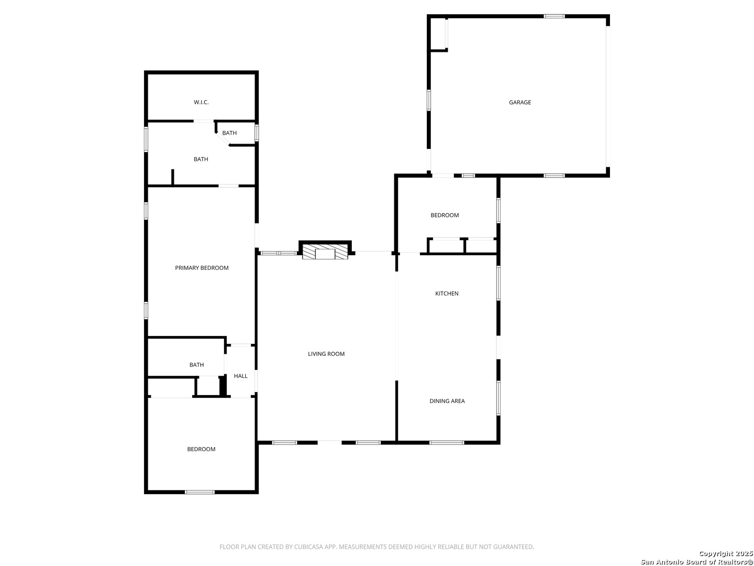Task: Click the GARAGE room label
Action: pyautogui.click(x=520, y=103)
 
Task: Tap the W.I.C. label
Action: pyautogui.click(x=201, y=102)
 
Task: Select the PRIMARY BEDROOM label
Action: pyautogui.click(x=202, y=268)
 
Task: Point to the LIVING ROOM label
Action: pyautogui.click(x=326, y=354)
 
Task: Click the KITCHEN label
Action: pyautogui.click(x=447, y=293)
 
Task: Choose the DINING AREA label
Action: pyautogui.click(x=447, y=401)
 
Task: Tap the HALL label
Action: pyautogui.click(x=240, y=376)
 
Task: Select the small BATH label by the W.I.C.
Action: pyautogui.click(x=229, y=133)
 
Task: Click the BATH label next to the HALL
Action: pyautogui.click(x=196, y=365)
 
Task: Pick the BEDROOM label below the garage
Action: pyautogui.click(x=445, y=215)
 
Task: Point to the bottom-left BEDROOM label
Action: pyautogui.click(x=201, y=449)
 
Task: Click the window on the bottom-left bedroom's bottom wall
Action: pyautogui.click(x=199, y=492)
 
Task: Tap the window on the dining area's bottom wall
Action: pyautogui.click(x=447, y=443)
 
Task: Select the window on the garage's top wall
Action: pyautogui.click(x=554, y=16)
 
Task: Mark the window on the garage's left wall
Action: pyautogui.click(x=429, y=100)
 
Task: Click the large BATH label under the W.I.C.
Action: pyautogui.click(x=201, y=159)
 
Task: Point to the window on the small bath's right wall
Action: pyautogui.click(x=257, y=132)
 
